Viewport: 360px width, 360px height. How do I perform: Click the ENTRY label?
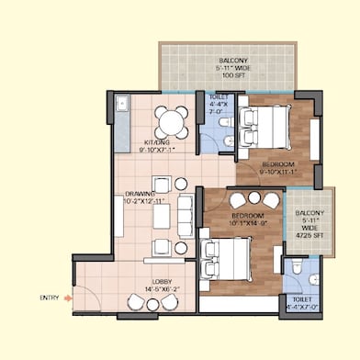click(x=49, y=297)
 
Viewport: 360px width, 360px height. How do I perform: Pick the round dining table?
click(x=169, y=120)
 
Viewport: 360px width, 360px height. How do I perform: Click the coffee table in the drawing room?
click(x=162, y=216)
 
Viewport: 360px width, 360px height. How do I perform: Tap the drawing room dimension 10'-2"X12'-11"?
click(x=146, y=201)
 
